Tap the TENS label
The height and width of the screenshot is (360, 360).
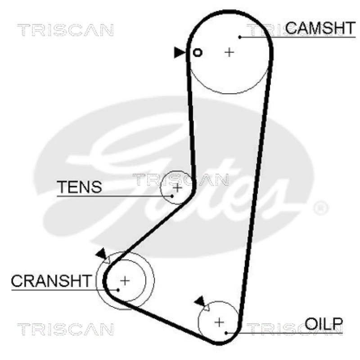79,187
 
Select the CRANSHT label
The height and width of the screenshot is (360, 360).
50,281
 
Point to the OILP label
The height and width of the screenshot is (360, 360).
324,323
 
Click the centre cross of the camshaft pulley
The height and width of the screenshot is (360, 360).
229,52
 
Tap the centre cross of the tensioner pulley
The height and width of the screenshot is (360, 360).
177,187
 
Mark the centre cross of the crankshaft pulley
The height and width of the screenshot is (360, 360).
125,281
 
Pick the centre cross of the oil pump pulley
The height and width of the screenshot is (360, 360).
219,322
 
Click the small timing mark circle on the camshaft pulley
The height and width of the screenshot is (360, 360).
197,53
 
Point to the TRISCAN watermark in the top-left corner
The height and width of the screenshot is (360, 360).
65,31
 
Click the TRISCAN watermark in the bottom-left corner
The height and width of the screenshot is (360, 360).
65,329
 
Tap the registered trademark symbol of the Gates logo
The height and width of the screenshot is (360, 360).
321,208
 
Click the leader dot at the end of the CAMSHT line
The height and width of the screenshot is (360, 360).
241,37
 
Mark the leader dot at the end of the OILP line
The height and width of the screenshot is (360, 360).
226,333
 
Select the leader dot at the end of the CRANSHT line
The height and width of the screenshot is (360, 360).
118,289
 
